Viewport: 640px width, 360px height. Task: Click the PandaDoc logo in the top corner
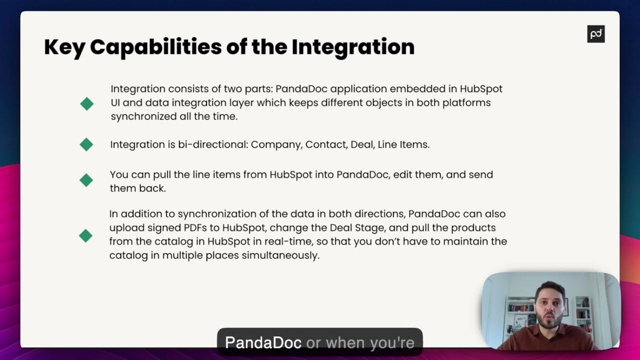pyautogui.click(x=595, y=34)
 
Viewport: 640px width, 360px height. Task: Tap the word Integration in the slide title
pyautogui.click(x=353, y=47)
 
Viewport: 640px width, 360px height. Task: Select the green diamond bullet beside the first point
pyautogui.click(x=86, y=103)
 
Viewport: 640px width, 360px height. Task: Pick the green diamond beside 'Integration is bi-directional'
pyautogui.click(x=86, y=144)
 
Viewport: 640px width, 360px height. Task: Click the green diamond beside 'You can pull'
pyautogui.click(x=86, y=180)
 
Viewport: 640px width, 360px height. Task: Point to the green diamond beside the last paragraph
pyautogui.click(x=85, y=235)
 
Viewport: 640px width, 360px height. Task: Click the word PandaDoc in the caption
pyautogui.click(x=263, y=342)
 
